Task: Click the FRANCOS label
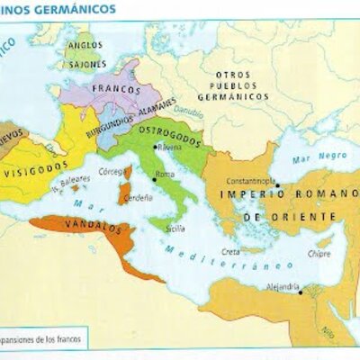(x=109, y=92)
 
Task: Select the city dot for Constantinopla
(x=277, y=185)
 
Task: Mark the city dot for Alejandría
(x=301, y=290)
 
